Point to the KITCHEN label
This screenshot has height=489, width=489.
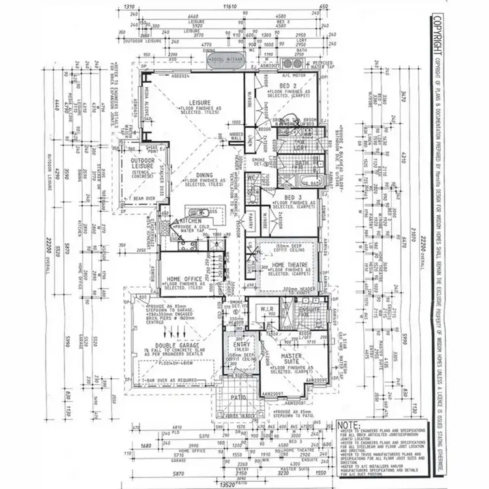(182, 222)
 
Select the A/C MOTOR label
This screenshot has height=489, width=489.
(272, 75)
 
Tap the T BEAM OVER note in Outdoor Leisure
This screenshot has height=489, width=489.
(138, 197)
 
